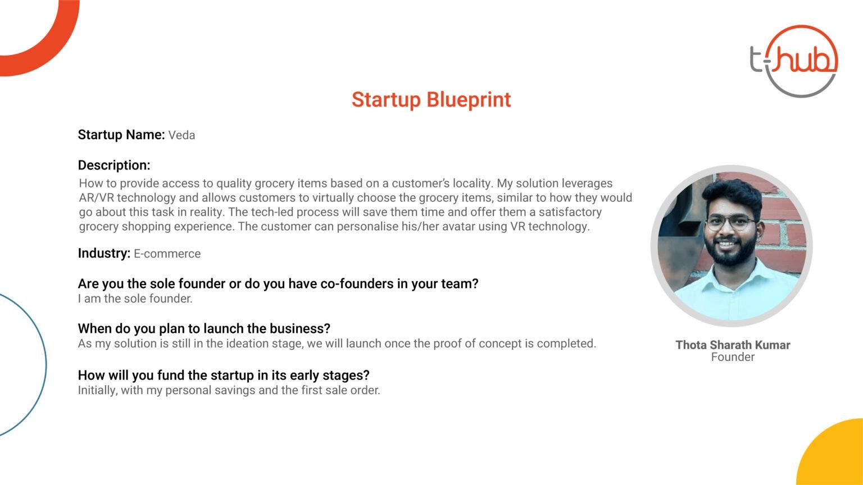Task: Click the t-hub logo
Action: (x=794, y=61)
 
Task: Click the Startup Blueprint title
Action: (x=431, y=100)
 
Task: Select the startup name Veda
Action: (x=181, y=135)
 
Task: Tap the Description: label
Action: (x=114, y=165)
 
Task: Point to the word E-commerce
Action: (x=167, y=254)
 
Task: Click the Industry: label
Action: (x=104, y=253)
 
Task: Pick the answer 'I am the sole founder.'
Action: (x=135, y=299)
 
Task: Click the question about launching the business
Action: (x=204, y=328)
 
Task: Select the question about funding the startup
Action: (x=224, y=375)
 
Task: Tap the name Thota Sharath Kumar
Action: (x=733, y=345)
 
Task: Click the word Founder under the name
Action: (x=733, y=357)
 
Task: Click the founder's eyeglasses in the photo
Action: (x=730, y=222)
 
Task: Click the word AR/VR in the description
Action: (x=97, y=198)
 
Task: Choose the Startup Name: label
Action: (x=121, y=135)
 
